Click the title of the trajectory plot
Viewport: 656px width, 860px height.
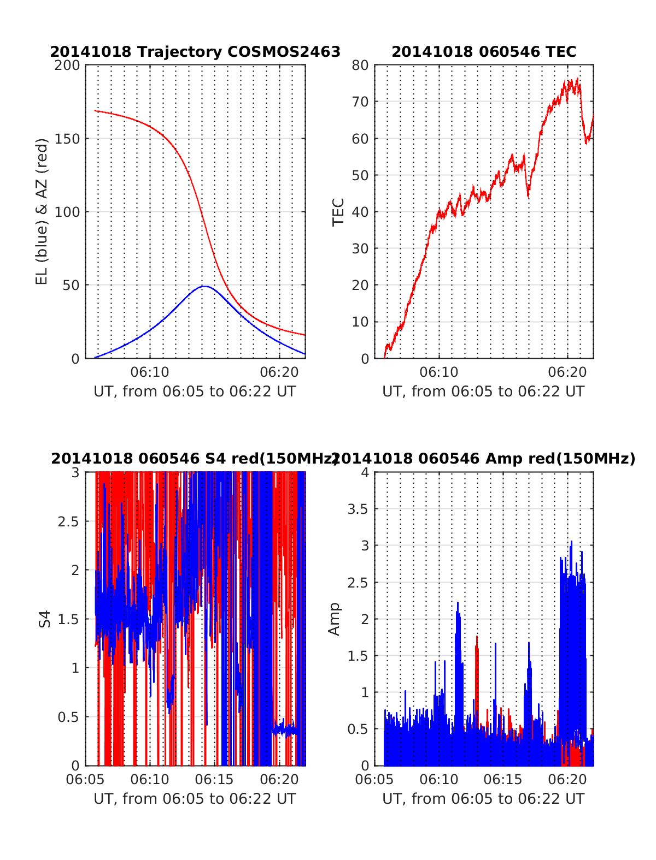[x=195, y=52]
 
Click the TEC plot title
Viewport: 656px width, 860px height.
[x=484, y=52]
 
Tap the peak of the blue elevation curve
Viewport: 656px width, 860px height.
[x=204, y=286]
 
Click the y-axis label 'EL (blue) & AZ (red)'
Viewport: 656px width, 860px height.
[x=42, y=211]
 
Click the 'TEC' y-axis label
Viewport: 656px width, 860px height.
[x=338, y=211]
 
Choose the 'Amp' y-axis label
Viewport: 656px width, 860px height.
[x=334, y=619]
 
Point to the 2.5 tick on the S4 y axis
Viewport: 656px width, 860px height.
[x=68, y=521]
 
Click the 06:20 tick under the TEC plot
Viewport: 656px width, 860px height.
[x=567, y=372]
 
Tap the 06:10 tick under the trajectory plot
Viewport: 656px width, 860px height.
[x=150, y=372]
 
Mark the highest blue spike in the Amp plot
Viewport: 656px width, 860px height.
[x=572, y=542]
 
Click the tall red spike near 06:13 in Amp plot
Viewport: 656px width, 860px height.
[x=477, y=637]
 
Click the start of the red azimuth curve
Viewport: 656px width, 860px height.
[x=95, y=111]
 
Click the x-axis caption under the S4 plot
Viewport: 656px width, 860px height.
[x=195, y=799]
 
